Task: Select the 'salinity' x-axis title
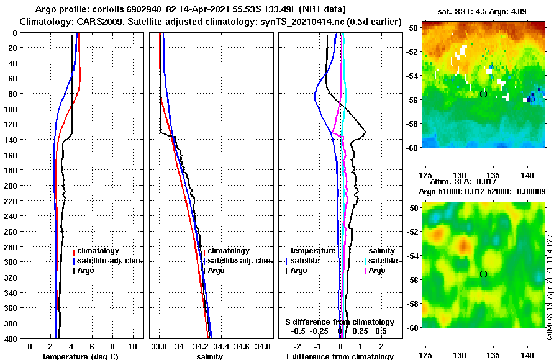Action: [x=210, y=356]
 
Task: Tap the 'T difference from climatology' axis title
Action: [x=339, y=356]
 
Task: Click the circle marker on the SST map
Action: [x=483, y=94]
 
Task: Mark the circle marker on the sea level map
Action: [x=483, y=274]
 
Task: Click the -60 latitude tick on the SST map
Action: [x=412, y=147]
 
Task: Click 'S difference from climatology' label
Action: [x=339, y=322]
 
